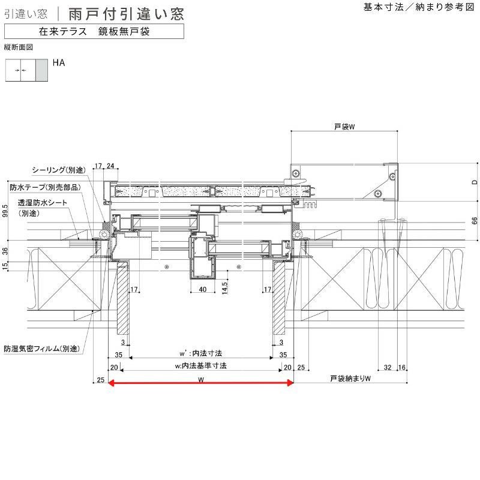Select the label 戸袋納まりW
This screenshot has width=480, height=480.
[351, 379]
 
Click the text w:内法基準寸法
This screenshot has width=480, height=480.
[200, 365]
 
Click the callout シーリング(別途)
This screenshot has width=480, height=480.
[58, 170]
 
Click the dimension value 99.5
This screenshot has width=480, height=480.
[5, 211]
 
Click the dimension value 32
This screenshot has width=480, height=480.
[388, 366]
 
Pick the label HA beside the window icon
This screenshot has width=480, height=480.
[58, 62]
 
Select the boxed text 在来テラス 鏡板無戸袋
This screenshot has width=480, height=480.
[94, 32]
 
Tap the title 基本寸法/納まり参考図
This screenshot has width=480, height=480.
[418, 7]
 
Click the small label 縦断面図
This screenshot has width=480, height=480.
[17, 46]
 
